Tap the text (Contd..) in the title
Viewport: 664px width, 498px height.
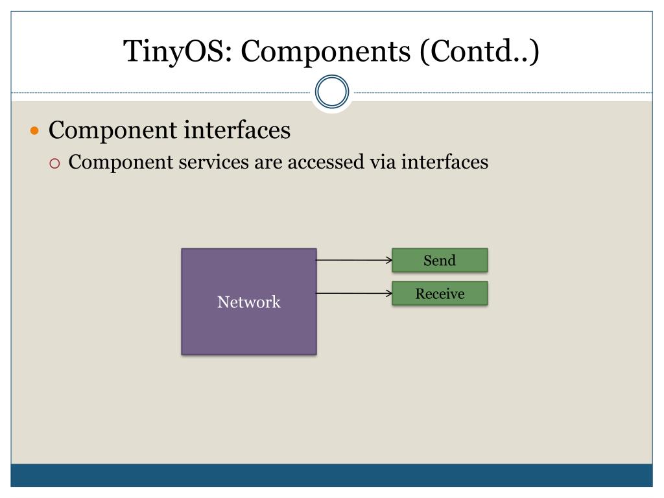click(479, 51)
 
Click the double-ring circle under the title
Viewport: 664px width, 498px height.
click(332, 92)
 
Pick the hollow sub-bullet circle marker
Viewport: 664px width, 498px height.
click(55, 163)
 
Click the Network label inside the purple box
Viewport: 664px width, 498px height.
click(249, 302)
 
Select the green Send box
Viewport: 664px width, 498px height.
click(440, 260)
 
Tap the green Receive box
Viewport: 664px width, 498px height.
click(440, 294)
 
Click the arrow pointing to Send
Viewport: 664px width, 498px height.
click(353, 261)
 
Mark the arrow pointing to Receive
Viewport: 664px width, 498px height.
click(353, 294)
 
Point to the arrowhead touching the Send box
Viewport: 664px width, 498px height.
click(389, 261)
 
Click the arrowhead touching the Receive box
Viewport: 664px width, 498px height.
click(389, 294)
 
